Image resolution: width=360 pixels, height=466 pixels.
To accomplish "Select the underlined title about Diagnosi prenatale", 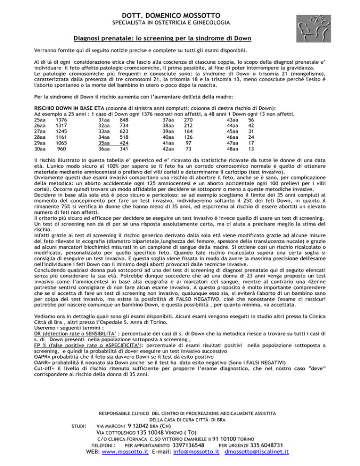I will (x=180, y=38).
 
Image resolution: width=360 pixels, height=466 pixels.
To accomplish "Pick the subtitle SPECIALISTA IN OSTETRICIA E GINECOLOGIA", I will (x=180, y=23).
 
